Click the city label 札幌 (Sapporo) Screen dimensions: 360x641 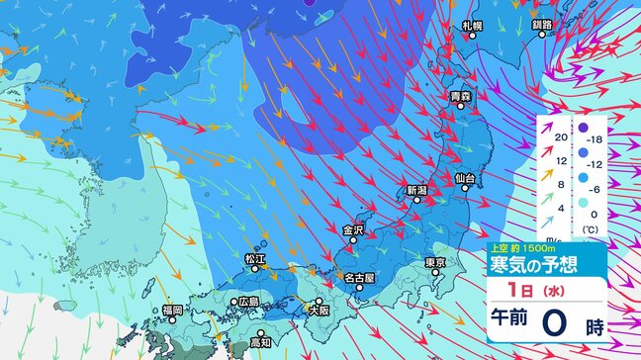472,25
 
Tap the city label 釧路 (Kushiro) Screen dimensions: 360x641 542,25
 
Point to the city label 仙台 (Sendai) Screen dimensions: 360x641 465,178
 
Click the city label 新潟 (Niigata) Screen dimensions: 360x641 415,189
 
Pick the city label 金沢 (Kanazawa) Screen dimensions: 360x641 353,230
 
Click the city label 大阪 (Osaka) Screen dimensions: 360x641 319,310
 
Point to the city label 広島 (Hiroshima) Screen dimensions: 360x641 248,302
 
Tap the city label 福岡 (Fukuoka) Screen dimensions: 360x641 172,310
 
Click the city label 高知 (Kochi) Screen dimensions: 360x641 260,342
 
